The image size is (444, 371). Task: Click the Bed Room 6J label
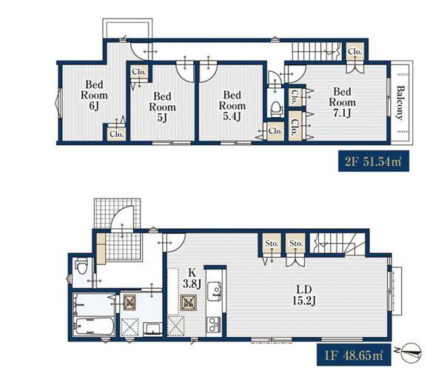(x=94, y=95)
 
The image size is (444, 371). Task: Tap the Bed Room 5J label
(x=162, y=107)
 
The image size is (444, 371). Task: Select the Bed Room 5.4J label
(x=232, y=106)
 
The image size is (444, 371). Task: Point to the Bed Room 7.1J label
(x=342, y=102)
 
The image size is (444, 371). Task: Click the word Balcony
(x=400, y=103)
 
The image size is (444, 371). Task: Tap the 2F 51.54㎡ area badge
(x=374, y=161)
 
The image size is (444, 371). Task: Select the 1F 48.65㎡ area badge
(x=354, y=355)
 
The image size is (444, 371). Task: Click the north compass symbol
(x=411, y=352)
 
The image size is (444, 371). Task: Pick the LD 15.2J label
(x=304, y=295)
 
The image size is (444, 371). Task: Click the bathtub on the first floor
(x=94, y=326)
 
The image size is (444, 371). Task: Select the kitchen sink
(x=215, y=292)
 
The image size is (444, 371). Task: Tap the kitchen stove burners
(x=215, y=324)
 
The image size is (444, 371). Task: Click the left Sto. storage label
(x=272, y=243)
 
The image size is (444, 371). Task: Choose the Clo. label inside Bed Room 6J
(x=117, y=134)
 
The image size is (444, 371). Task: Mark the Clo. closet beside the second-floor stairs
(x=355, y=52)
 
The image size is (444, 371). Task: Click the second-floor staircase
(x=317, y=52)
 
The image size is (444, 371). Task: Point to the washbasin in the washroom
(x=152, y=329)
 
